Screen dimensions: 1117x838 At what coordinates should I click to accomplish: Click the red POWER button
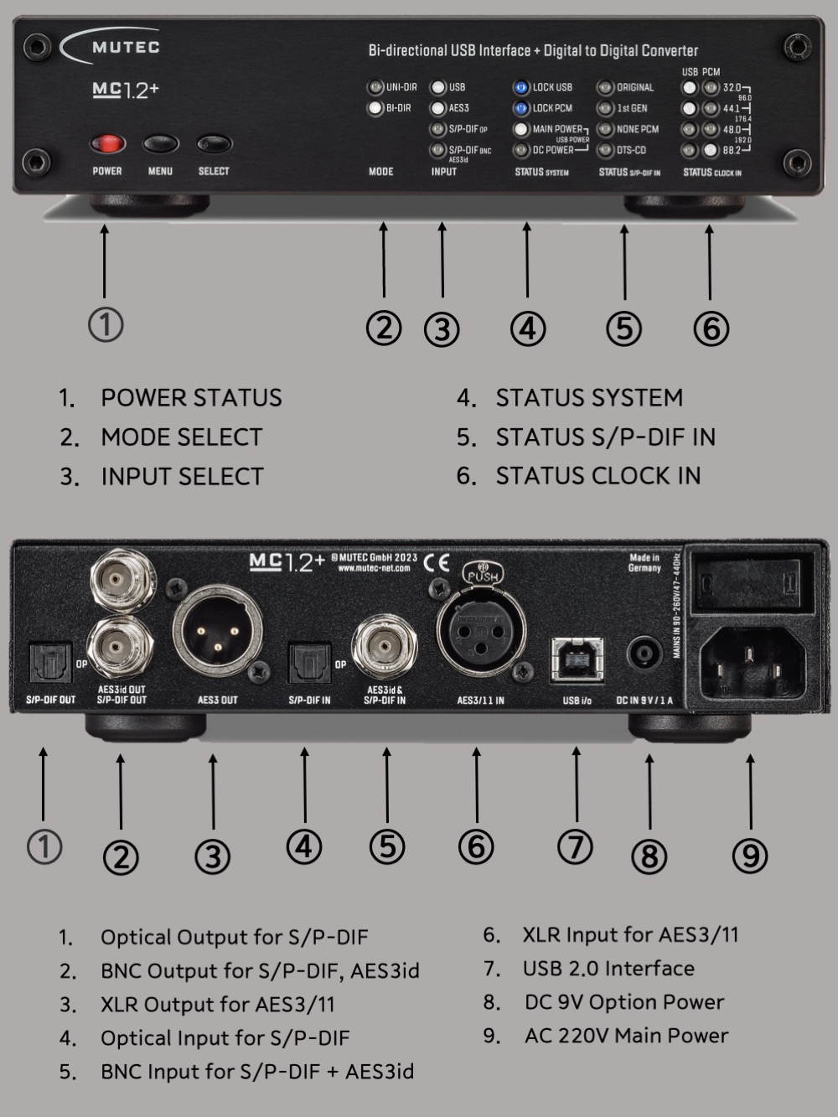click(x=107, y=144)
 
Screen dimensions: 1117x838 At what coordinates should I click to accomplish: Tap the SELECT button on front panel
click(x=214, y=144)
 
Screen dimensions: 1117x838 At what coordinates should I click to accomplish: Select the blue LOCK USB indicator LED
click(x=521, y=87)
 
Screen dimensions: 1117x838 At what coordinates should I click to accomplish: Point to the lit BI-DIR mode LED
click(x=375, y=108)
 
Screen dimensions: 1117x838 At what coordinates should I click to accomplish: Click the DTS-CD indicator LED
click(x=605, y=151)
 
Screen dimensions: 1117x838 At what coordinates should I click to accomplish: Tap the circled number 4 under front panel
click(x=527, y=328)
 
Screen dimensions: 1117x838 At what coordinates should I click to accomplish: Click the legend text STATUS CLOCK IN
click(x=597, y=476)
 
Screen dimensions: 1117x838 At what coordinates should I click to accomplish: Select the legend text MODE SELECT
click(x=181, y=437)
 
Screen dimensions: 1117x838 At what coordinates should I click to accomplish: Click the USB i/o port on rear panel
click(x=577, y=659)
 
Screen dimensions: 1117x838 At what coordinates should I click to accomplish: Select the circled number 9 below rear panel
click(x=749, y=855)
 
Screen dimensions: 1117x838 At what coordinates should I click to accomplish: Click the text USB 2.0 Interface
click(x=608, y=969)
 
